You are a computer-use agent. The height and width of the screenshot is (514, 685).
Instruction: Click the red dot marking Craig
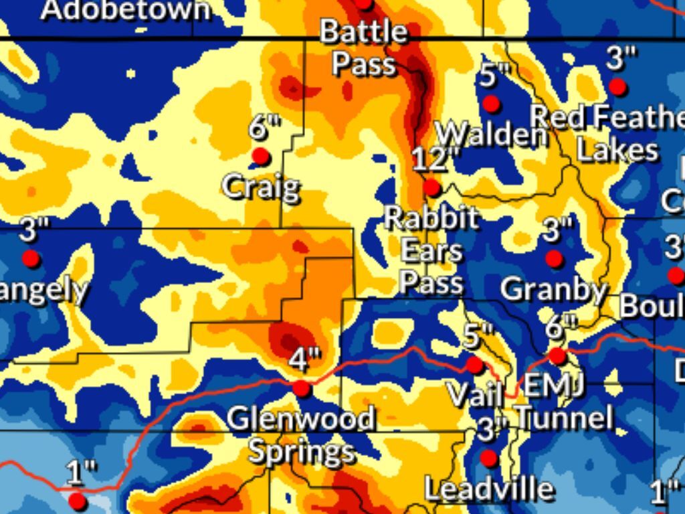point(261,157)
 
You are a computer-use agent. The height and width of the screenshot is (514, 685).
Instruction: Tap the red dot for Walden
point(492,104)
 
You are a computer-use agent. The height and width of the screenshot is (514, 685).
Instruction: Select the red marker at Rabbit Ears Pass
point(432,187)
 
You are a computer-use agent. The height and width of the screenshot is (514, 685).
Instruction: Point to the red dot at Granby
point(554,258)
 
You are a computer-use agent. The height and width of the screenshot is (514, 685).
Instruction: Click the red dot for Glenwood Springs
point(302,388)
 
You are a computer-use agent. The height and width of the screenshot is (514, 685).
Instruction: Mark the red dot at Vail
point(475,365)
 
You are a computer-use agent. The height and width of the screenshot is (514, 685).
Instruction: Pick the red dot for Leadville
point(489,458)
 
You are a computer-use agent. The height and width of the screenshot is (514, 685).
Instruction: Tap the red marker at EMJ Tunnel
point(558,356)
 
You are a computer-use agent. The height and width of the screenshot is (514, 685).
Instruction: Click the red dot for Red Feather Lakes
point(617,86)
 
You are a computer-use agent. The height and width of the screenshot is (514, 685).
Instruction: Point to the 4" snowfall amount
point(305,361)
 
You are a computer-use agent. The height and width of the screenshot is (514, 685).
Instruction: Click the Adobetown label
point(124,9)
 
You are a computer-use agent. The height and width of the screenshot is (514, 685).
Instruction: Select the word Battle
point(363,31)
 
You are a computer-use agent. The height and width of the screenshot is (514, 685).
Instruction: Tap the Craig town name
point(261,187)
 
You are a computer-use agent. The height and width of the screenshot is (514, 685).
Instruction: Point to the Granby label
point(553,290)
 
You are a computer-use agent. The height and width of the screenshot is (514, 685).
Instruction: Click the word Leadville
point(489,489)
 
